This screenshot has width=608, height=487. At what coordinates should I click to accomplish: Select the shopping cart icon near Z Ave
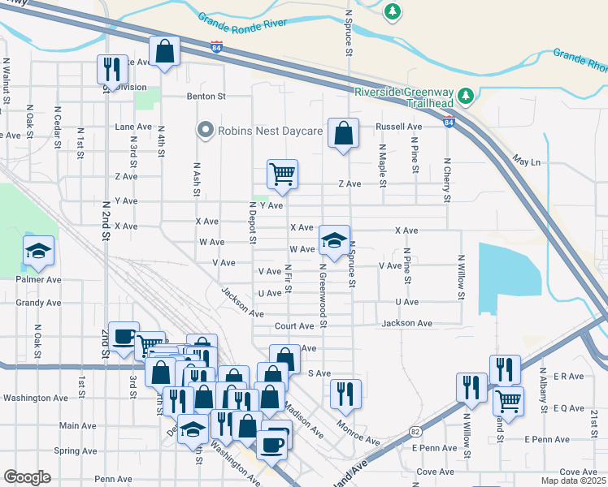(x=282, y=174)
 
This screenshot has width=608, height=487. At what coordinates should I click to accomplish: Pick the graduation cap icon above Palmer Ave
(x=37, y=252)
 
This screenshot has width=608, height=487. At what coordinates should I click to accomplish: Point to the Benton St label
(x=206, y=96)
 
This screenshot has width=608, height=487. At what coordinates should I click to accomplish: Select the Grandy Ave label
(x=38, y=303)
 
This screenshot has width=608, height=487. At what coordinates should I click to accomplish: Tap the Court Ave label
(x=293, y=326)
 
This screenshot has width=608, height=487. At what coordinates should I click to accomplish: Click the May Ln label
(x=526, y=162)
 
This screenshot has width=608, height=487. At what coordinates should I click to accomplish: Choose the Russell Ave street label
(x=398, y=127)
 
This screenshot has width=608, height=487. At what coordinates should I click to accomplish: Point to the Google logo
(x=27, y=477)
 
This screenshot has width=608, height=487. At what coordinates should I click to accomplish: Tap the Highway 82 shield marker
(x=415, y=432)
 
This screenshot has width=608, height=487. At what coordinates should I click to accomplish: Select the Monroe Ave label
(x=358, y=436)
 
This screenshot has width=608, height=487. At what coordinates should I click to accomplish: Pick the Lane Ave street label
(x=133, y=127)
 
